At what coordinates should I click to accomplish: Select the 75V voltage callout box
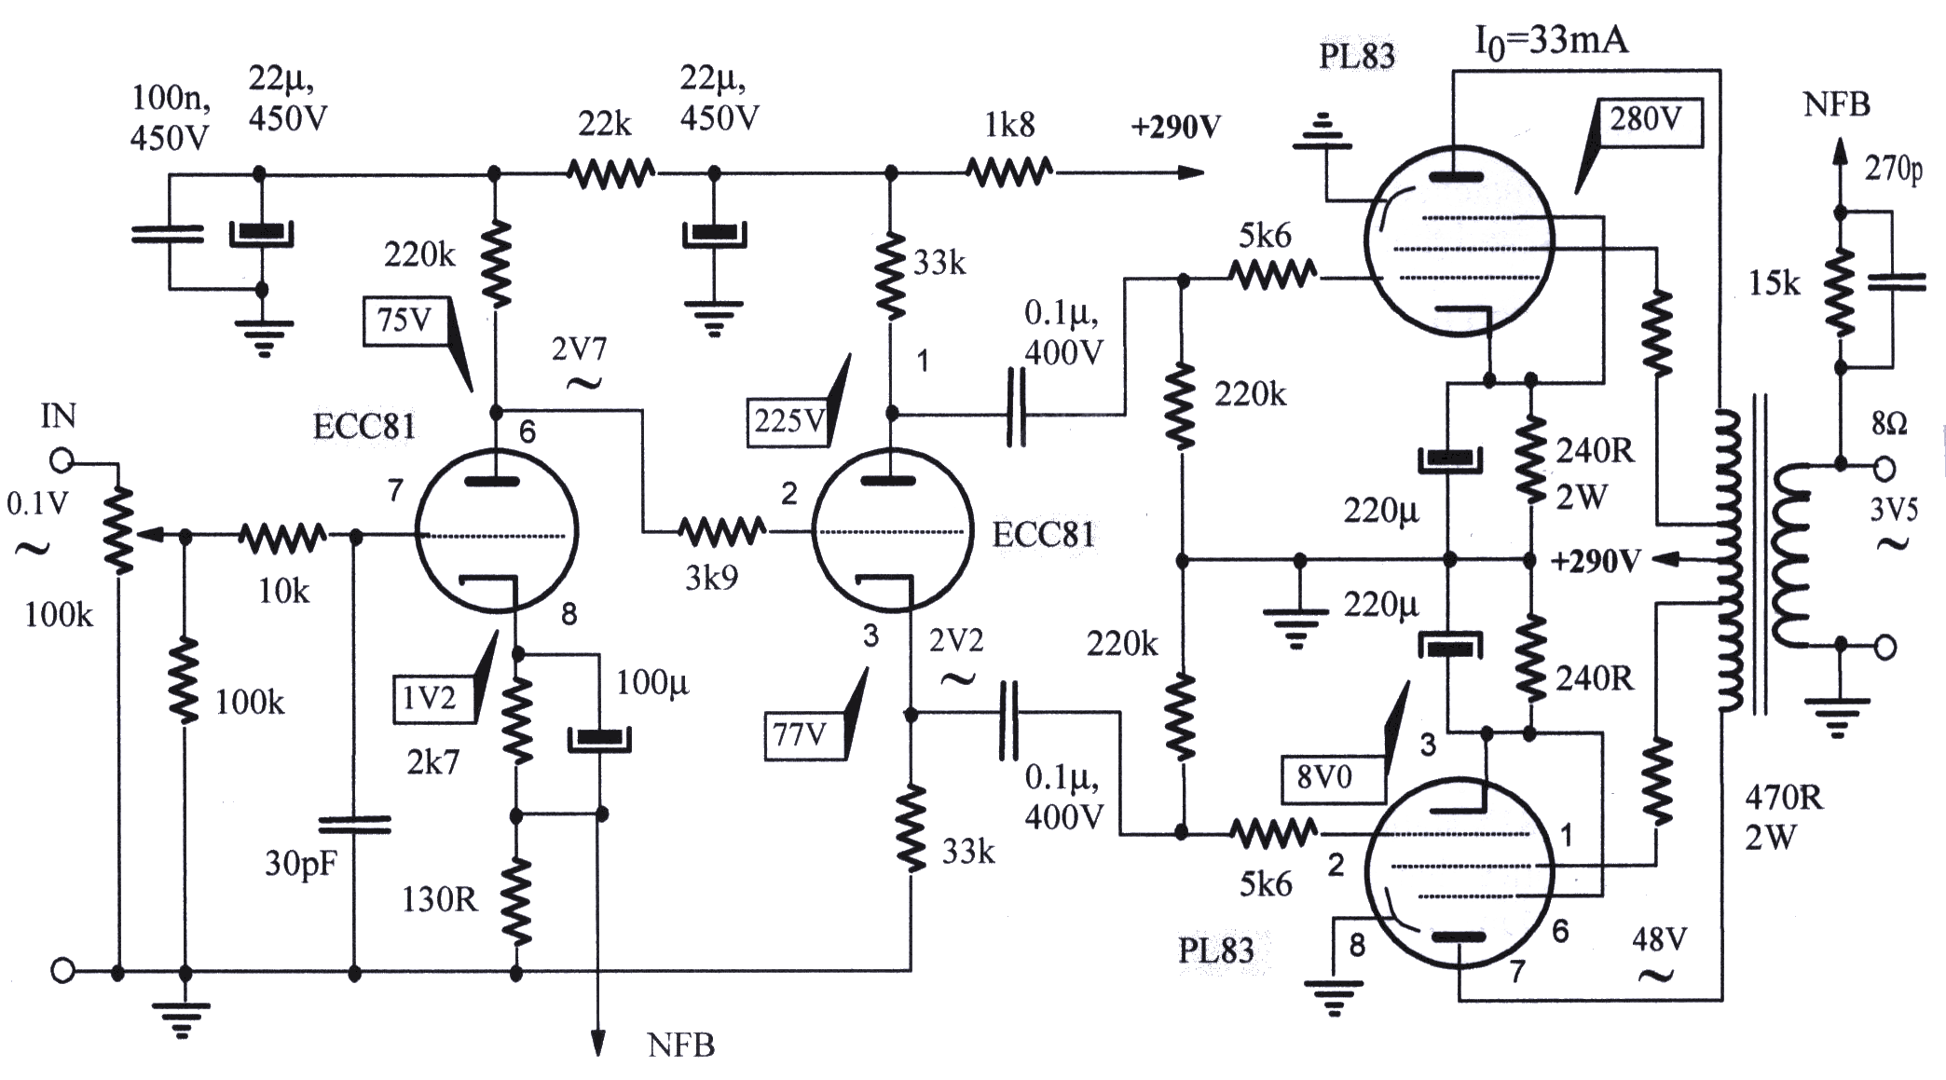pyautogui.click(x=404, y=321)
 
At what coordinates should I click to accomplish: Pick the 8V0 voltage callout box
pyautogui.click(x=1323, y=777)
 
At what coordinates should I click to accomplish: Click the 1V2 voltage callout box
pyautogui.click(x=429, y=698)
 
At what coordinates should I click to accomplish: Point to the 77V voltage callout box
pyautogui.click(x=800, y=736)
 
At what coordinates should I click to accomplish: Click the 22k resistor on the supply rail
pyautogui.click(x=610, y=173)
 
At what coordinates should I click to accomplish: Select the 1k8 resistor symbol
pyautogui.click(x=1009, y=172)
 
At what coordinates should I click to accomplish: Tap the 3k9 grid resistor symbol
pyautogui.click(x=722, y=532)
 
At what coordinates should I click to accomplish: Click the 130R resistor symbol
pyautogui.click(x=516, y=900)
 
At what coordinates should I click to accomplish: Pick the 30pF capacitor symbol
pyautogui.click(x=354, y=825)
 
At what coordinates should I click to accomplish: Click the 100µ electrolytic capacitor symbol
pyautogui.click(x=600, y=739)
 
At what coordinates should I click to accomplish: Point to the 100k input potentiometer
pyautogui.click(x=118, y=534)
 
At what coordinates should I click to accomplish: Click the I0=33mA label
pyautogui.click(x=1551, y=42)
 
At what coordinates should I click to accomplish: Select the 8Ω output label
pyautogui.click(x=1888, y=425)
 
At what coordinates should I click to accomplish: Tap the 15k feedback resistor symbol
pyautogui.click(x=1840, y=290)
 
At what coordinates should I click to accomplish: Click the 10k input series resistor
pyautogui.click(x=282, y=536)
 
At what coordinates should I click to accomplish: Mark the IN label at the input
pyautogui.click(x=58, y=416)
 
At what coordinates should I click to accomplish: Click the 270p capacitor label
pyautogui.click(x=1893, y=170)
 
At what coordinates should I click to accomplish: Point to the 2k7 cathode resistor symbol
pyautogui.click(x=516, y=720)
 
